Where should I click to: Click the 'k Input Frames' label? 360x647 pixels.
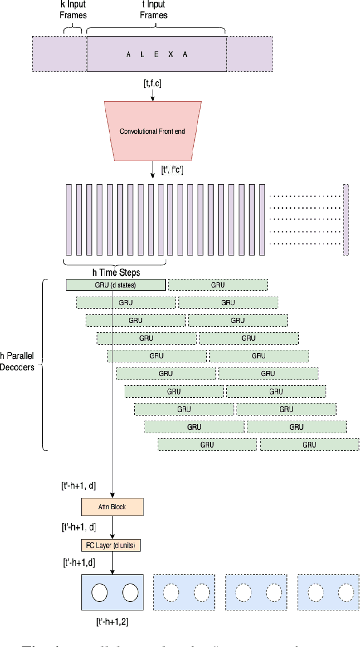(73, 10)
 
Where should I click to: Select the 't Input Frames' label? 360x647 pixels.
(154, 10)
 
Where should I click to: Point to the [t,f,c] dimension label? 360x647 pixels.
(153, 83)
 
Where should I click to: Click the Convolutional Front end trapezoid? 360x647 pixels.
(152, 131)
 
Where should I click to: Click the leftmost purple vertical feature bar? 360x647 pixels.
(69, 219)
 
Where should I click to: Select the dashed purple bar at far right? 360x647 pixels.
(346, 219)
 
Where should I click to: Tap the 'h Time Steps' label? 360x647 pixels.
(115, 273)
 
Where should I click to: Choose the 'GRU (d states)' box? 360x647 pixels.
(116, 285)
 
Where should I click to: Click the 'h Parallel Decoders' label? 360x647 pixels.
(17, 361)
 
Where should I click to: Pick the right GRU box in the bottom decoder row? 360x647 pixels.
(309, 445)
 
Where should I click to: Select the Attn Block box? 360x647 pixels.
(112, 507)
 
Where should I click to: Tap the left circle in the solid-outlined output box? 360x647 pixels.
(100, 592)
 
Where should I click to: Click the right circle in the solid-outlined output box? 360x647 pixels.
(131, 592)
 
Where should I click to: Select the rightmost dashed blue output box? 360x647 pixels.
(328, 593)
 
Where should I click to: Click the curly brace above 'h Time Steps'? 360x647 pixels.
(115, 262)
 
